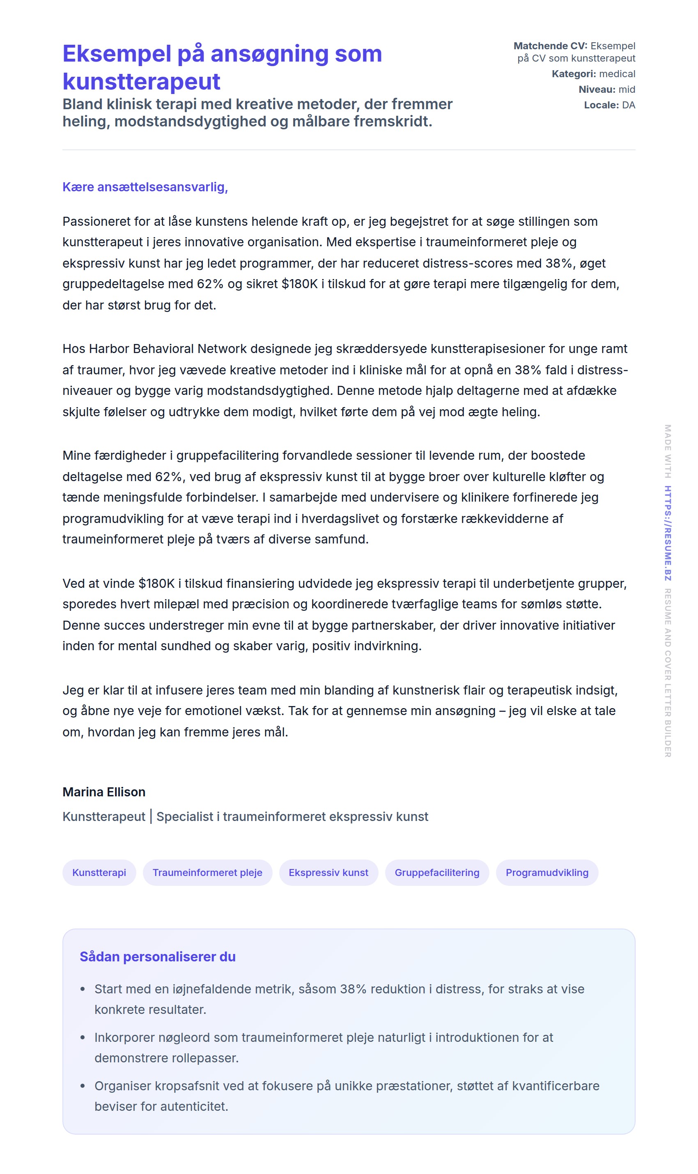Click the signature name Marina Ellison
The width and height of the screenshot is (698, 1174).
(x=104, y=792)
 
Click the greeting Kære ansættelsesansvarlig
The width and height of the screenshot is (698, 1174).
(x=145, y=187)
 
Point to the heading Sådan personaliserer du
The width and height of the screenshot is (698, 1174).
(x=158, y=956)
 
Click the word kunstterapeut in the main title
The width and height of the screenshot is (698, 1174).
(x=141, y=82)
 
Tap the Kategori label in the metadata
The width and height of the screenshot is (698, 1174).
(x=573, y=74)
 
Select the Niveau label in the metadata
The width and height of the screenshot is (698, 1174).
(x=597, y=89)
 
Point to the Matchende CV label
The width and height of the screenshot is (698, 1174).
(x=550, y=46)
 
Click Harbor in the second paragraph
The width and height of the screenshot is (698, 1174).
(x=110, y=349)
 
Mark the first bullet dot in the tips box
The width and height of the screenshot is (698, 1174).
(x=83, y=989)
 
